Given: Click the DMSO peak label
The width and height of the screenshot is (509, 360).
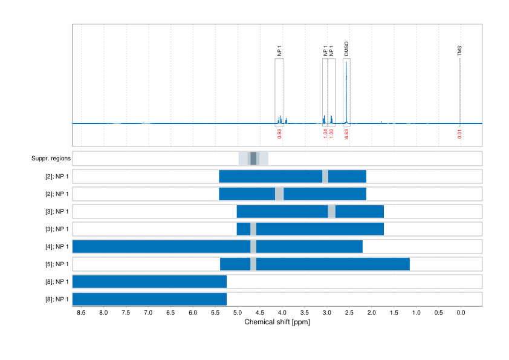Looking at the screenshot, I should (x=346, y=49).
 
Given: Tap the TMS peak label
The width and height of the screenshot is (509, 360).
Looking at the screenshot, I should (x=459, y=51).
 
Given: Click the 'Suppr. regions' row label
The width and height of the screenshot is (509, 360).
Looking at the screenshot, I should (x=51, y=159).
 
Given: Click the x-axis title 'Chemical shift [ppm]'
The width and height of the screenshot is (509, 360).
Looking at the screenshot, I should (x=277, y=322).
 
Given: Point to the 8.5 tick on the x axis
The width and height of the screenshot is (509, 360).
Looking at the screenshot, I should (x=82, y=313).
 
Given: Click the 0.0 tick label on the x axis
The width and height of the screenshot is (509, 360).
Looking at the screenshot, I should (x=460, y=313).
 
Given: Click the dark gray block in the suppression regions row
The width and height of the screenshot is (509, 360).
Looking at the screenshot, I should (x=253, y=159).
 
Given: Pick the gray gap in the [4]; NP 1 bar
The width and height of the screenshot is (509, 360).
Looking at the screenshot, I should (x=253, y=246).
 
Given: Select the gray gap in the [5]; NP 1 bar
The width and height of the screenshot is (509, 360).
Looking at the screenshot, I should (x=253, y=264).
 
